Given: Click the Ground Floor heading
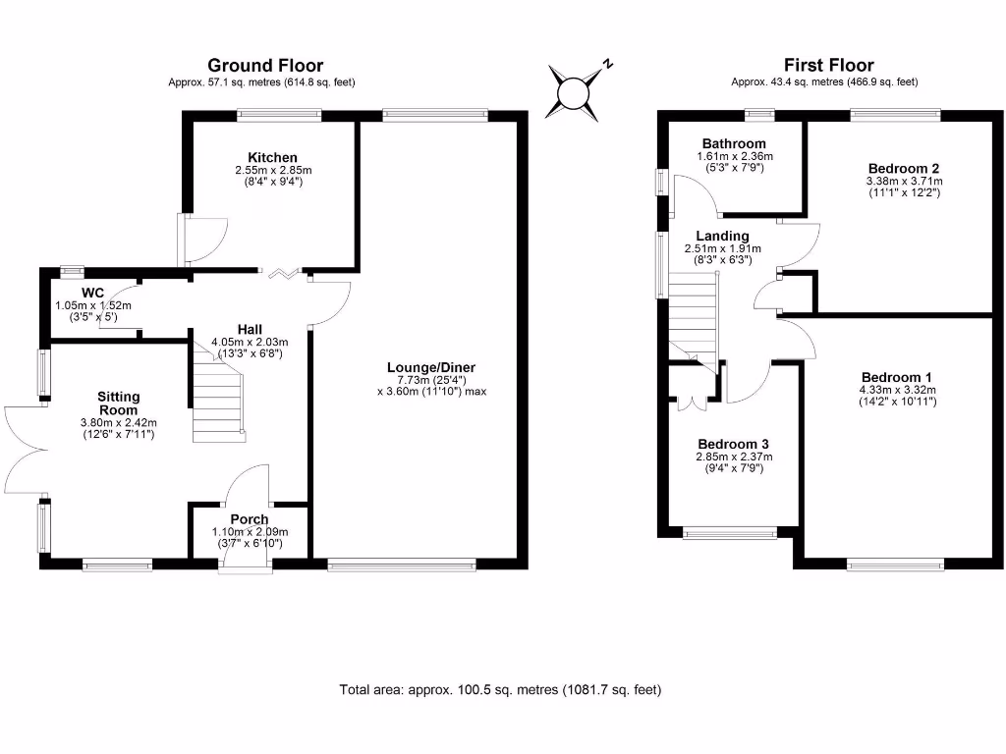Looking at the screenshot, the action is (x=265, y=66).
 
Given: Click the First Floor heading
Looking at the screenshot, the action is (x=828, y=66).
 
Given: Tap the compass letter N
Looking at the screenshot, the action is (x=607, y=64).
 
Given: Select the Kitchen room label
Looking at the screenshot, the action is (x=273, y=158).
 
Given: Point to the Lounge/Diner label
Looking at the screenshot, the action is (x=431, y=367).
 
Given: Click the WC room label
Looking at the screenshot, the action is (x=93, y=293).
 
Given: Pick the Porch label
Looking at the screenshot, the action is (x=250, y=519).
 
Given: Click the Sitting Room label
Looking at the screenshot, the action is (x=119, y=404).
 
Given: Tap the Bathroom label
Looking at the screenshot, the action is (x=734, y=143).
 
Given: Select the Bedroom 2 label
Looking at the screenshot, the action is (x=904, y=169).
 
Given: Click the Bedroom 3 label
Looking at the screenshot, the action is (x=733, y=445).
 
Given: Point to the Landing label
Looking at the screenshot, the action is (x=722, y=236).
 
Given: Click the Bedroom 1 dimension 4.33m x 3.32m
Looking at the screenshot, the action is (x=898, y=390).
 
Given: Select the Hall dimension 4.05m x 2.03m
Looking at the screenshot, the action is (x=250, y=343).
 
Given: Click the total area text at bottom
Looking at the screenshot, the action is (x=500, y=690).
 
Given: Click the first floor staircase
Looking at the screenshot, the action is (x=694, y=322).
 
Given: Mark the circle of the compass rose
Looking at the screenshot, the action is (x=573, y=93).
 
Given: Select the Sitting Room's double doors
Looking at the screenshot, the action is (x=26, y=450).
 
